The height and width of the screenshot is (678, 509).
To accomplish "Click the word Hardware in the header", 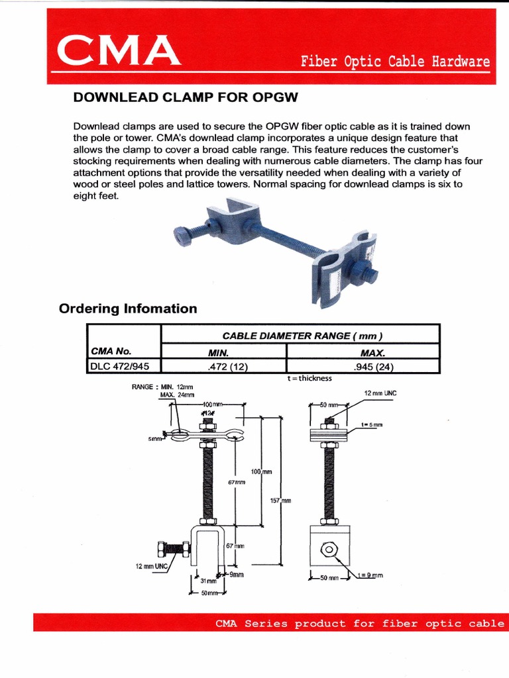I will click(461, 62).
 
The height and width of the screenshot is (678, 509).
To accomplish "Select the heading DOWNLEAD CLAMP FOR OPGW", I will click(186, 98).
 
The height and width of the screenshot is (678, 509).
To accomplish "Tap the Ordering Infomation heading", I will click(128, 309).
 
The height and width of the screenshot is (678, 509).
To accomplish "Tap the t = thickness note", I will click(306, 379).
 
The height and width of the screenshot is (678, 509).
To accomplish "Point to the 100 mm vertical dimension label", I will click(261, 471).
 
